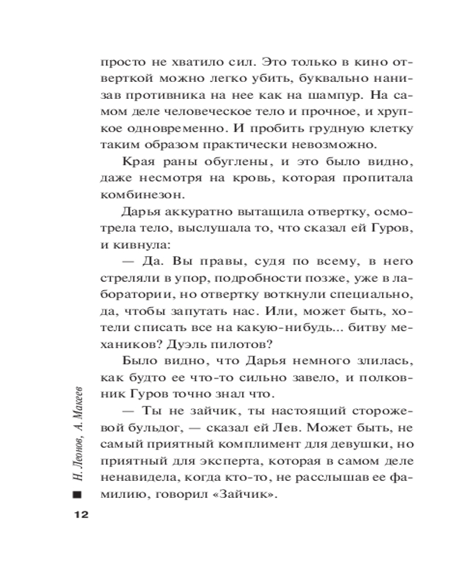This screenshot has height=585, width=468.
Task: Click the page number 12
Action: pyautogui.click(x=80, y=515)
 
